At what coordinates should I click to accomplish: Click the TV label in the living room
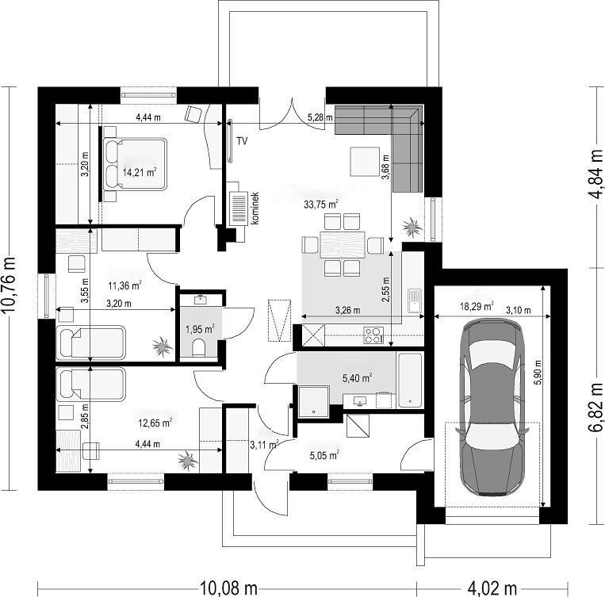(242, 141)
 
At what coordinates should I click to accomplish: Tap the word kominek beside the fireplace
(255, 208)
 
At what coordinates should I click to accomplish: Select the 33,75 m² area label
(321, 204)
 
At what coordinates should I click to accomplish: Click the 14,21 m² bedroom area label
(140, 172)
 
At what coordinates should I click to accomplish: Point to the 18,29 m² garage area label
(477, 306)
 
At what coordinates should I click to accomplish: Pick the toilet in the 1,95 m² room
(198, 348)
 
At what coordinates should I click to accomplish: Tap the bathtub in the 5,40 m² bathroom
(410, 380)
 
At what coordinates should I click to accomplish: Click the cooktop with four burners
(373, 335)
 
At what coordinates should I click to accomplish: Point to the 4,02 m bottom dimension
(492, 588)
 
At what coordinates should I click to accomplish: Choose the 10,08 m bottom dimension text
(228, 588)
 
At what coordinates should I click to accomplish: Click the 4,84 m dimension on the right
(596, 174)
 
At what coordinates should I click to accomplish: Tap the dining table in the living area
(343, 245)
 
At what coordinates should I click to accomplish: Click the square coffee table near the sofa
(365, 161)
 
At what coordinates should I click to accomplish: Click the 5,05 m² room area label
(324, 455)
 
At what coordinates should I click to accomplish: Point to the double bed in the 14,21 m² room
(135, 164)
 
